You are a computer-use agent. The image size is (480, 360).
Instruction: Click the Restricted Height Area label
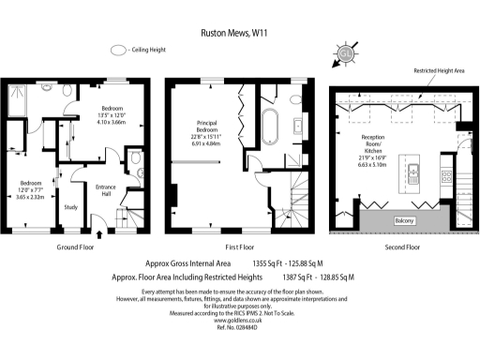432,71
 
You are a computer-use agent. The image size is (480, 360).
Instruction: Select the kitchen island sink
412,172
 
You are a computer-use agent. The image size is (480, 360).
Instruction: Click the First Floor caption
240,248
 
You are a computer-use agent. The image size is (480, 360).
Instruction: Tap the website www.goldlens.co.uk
239,321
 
